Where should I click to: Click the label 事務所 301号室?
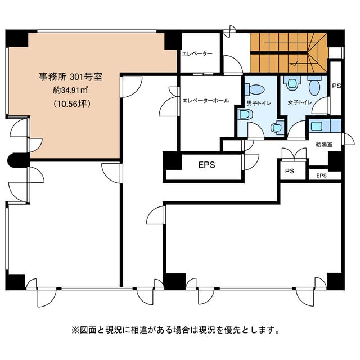(70, 76)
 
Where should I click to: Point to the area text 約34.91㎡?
(70, 90)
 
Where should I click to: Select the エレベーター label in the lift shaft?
(197, 54)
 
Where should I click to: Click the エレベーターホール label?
(206, 101)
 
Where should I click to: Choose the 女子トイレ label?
(300, 102)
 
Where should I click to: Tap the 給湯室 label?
(324, 145)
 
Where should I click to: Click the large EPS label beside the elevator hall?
(207, 165)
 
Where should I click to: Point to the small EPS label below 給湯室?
(321, 175)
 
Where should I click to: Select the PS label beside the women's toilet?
(337, 86)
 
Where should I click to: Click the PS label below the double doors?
(290, 171)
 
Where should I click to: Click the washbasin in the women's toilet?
(292, 83)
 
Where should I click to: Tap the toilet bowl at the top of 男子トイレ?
(255, 89)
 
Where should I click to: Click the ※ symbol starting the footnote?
(75, 330)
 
